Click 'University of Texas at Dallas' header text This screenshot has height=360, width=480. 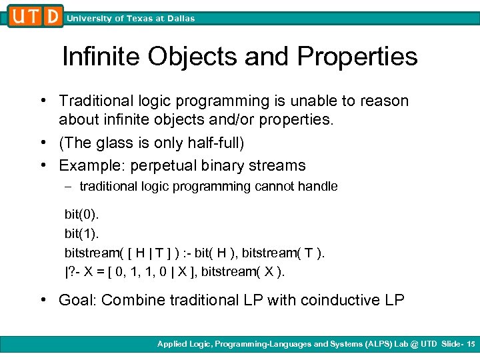click(131, 19)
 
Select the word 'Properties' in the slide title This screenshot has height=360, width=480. click(358, 57)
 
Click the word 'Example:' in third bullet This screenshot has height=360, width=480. click(87, 165)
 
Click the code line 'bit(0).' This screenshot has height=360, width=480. click(81, 214)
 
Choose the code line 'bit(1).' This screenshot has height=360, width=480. click(81, 233)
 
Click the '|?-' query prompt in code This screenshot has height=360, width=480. click(72, 272)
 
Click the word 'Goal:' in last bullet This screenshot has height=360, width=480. click(77, 300)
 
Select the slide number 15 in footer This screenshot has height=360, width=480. click(471, 344)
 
